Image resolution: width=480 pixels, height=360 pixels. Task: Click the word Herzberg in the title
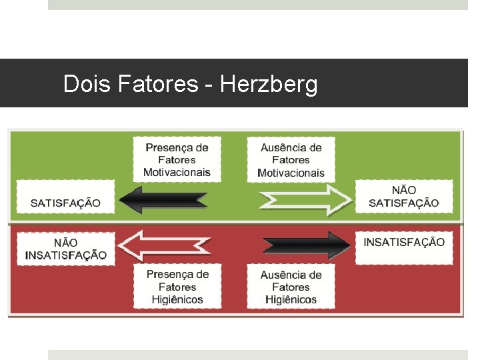[269, 85]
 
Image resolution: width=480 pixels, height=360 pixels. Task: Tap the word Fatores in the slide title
[158, 85]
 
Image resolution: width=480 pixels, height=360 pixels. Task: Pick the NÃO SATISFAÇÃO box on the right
[404, 196]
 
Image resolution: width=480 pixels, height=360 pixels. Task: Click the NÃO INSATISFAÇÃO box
[65, 249]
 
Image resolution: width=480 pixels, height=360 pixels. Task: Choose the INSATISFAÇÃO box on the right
[404, 242]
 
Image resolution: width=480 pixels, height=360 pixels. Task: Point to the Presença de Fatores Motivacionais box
[177, 160]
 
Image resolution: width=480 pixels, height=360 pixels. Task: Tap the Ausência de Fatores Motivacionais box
[291, 160]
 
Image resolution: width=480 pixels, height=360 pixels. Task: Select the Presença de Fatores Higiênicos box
[177, 287]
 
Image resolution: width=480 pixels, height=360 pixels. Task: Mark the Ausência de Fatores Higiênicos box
[291, 287]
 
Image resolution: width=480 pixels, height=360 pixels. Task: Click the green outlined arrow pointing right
[305, 199]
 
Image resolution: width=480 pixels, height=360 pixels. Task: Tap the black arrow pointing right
[305, 245]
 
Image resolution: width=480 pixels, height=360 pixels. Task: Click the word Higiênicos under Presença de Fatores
[177, 300]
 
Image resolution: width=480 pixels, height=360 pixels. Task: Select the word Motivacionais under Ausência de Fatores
[291, 173]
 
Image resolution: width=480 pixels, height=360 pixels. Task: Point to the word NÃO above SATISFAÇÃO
[404, 190]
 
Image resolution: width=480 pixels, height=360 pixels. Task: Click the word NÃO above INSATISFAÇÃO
[65, 243]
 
